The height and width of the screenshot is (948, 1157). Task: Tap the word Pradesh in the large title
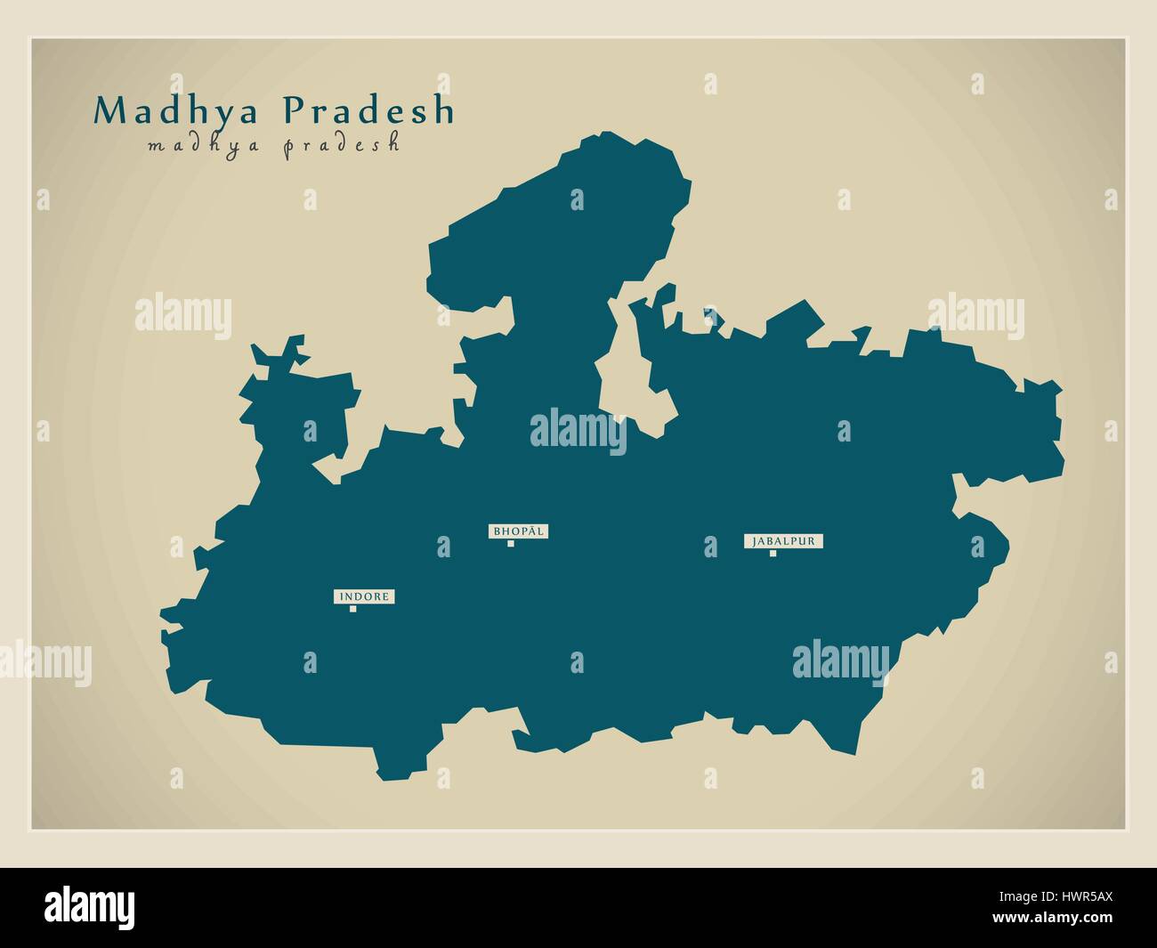368,110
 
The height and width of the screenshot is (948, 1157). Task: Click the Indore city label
364,596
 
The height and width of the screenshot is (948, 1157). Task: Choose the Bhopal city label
517,531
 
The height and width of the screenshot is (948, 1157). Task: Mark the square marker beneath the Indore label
353,609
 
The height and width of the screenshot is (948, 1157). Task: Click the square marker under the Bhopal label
510,543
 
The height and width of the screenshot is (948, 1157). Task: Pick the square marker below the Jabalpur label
773,554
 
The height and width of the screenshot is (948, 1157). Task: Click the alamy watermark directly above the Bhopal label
578,432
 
